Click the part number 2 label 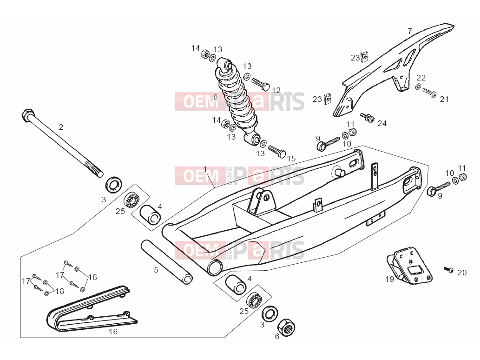coord(61,127)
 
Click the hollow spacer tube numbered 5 coord(166,262)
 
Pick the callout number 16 coord(113,332)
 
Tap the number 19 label coord(389,279)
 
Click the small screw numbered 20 coord(449,270)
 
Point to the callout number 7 coord(410,31)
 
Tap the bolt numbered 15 coord(277,152)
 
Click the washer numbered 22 coord(418,87)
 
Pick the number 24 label coord(382,123)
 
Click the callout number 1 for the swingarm coord(205,169)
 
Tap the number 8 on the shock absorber coord(216,97)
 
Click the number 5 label coord(156,270)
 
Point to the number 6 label coord(277,336)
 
